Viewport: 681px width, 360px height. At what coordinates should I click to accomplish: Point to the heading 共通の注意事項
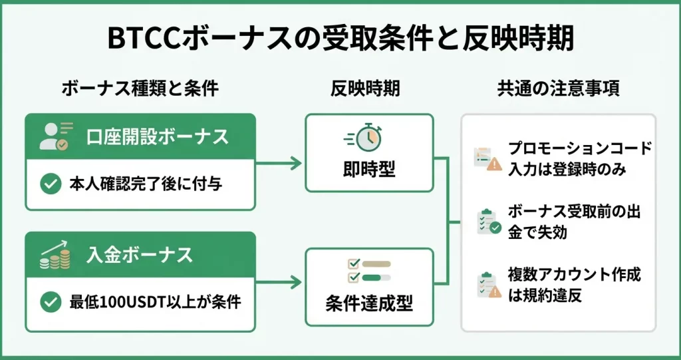(x=559, y=89)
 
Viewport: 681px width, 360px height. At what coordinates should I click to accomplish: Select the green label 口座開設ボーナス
(x=158, y=137)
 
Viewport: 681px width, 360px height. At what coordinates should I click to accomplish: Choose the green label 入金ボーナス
(x=139, y=254)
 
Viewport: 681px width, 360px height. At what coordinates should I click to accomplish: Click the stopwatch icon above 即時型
(x=366, y=137)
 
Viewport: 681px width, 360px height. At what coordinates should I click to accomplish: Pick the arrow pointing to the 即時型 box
(x=279, y=162)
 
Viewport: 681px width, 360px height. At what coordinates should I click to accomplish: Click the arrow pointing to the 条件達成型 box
(x=279, y=282)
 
